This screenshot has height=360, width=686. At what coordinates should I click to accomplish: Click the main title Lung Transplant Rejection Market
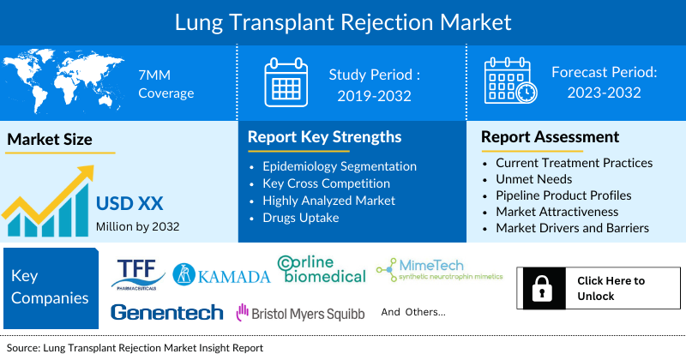[343, 21]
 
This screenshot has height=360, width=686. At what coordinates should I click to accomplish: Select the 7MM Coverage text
[167, 83]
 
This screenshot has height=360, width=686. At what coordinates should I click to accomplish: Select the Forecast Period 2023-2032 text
[604, 82]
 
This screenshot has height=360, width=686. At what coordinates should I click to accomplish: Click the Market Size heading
[50, 139]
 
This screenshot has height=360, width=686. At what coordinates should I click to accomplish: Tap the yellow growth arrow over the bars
[51, 193]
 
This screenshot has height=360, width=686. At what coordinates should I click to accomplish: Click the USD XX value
[129, 205]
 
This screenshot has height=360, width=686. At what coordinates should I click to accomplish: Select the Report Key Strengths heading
[324, 137]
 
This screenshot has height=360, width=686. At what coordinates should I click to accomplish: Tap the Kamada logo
[221, 274]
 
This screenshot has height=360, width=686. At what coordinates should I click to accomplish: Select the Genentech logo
[166, 313]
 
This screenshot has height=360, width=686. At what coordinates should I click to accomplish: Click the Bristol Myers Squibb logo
[300, 314]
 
